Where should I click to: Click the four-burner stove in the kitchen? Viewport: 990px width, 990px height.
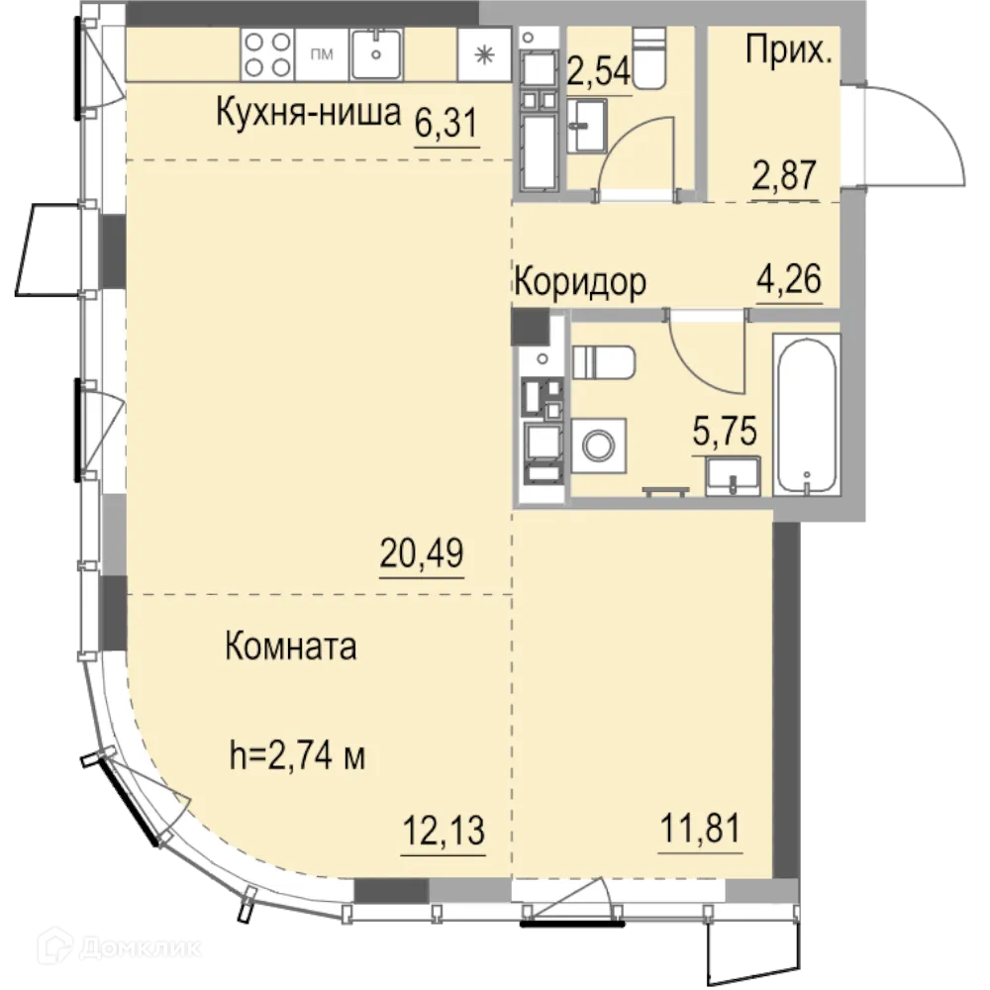tap(268, 53)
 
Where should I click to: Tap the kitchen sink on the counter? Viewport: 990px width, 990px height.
tap(376, 53)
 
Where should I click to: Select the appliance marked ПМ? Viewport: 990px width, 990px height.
tap(322, 53)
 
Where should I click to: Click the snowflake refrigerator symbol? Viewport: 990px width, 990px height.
tap(485, 54)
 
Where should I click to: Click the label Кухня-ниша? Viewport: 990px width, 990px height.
tap(308, 114)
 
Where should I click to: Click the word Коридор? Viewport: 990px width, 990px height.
tap(579, 282)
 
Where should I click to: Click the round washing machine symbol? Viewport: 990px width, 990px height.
tap(599, 445)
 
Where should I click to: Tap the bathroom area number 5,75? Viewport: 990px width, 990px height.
tap(725, 433)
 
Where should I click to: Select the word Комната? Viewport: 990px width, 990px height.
tap(291, 647)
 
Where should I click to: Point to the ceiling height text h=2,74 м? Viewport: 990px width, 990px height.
tap(297, 759)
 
